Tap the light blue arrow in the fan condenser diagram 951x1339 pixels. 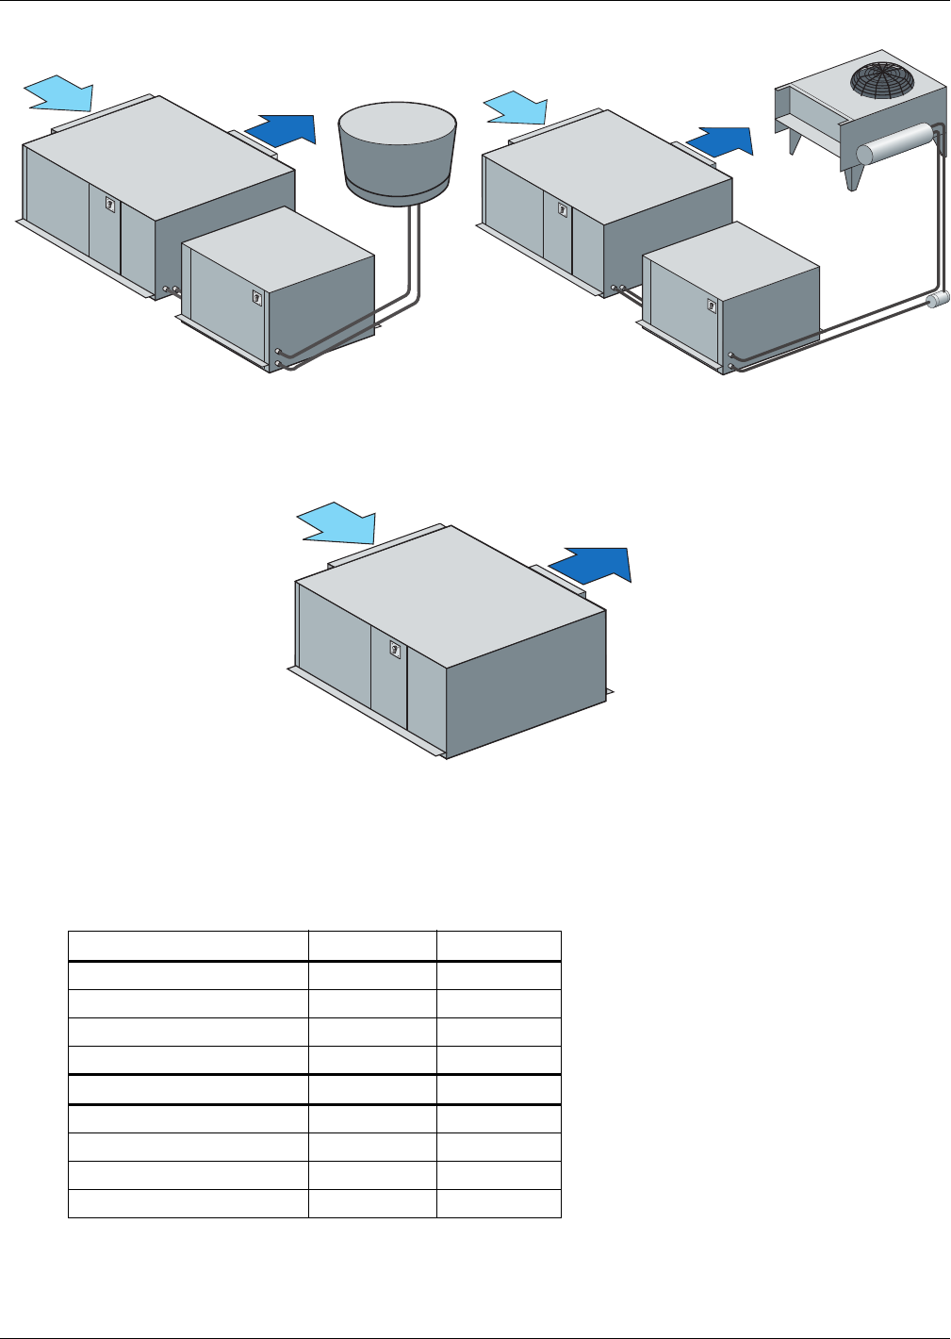(x=516, y=107)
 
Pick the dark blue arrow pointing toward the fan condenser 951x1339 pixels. (x=721, y=141)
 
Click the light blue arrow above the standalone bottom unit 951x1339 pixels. (x=338, y=523)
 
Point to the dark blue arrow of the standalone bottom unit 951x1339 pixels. (x=593, y=564)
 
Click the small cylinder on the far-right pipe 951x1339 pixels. (x=938, y=300)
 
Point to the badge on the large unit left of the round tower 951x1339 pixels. (x=110, y=203)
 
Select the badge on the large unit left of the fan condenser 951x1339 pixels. (x=563, y=210)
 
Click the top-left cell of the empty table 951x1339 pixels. (x=189, y=946)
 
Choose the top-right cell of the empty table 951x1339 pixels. (x=499, y=946)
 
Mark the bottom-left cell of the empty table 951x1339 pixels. (x=189, y=1204)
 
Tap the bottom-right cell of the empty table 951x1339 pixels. (x=499, y=1204)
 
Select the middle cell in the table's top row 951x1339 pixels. (x=372, y=946)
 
